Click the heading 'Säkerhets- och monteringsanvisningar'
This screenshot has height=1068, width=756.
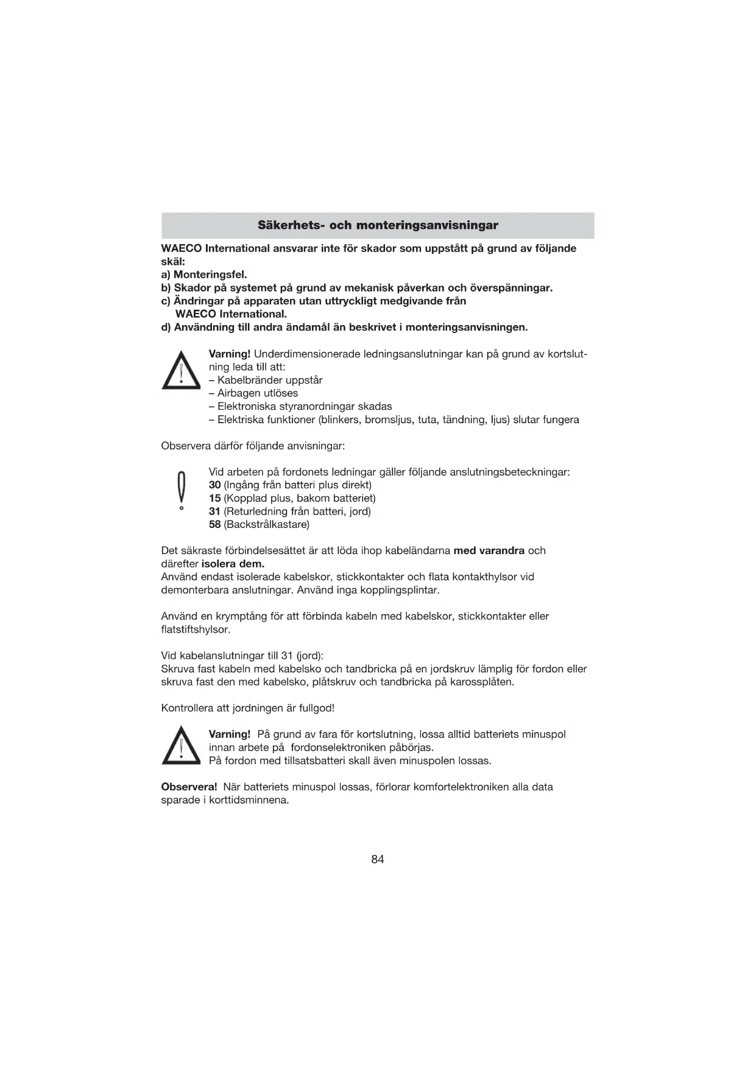coord(378,225)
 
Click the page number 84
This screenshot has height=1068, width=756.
coord(378,859)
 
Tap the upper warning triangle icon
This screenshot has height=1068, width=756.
coord(181,371)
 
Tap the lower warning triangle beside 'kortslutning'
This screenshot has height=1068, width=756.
coord(181,746)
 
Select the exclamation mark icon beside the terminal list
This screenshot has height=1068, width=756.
coord(180,491)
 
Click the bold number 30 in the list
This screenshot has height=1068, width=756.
coord(214,485)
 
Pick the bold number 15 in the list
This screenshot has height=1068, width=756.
coord(214,499)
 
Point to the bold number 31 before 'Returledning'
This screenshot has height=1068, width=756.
coord(214,511)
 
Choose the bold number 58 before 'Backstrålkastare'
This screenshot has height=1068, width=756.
coord(214,524)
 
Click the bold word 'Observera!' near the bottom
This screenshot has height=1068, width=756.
coord(189,787)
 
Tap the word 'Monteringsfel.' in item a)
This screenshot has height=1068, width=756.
coord(210,275)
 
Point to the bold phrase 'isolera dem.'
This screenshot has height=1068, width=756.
coord(233,564)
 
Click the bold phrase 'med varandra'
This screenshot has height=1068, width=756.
coord(489,550)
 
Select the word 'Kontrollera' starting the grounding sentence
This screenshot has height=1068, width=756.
coord(187,708)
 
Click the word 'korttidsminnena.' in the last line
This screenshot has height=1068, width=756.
coord(249,800)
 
